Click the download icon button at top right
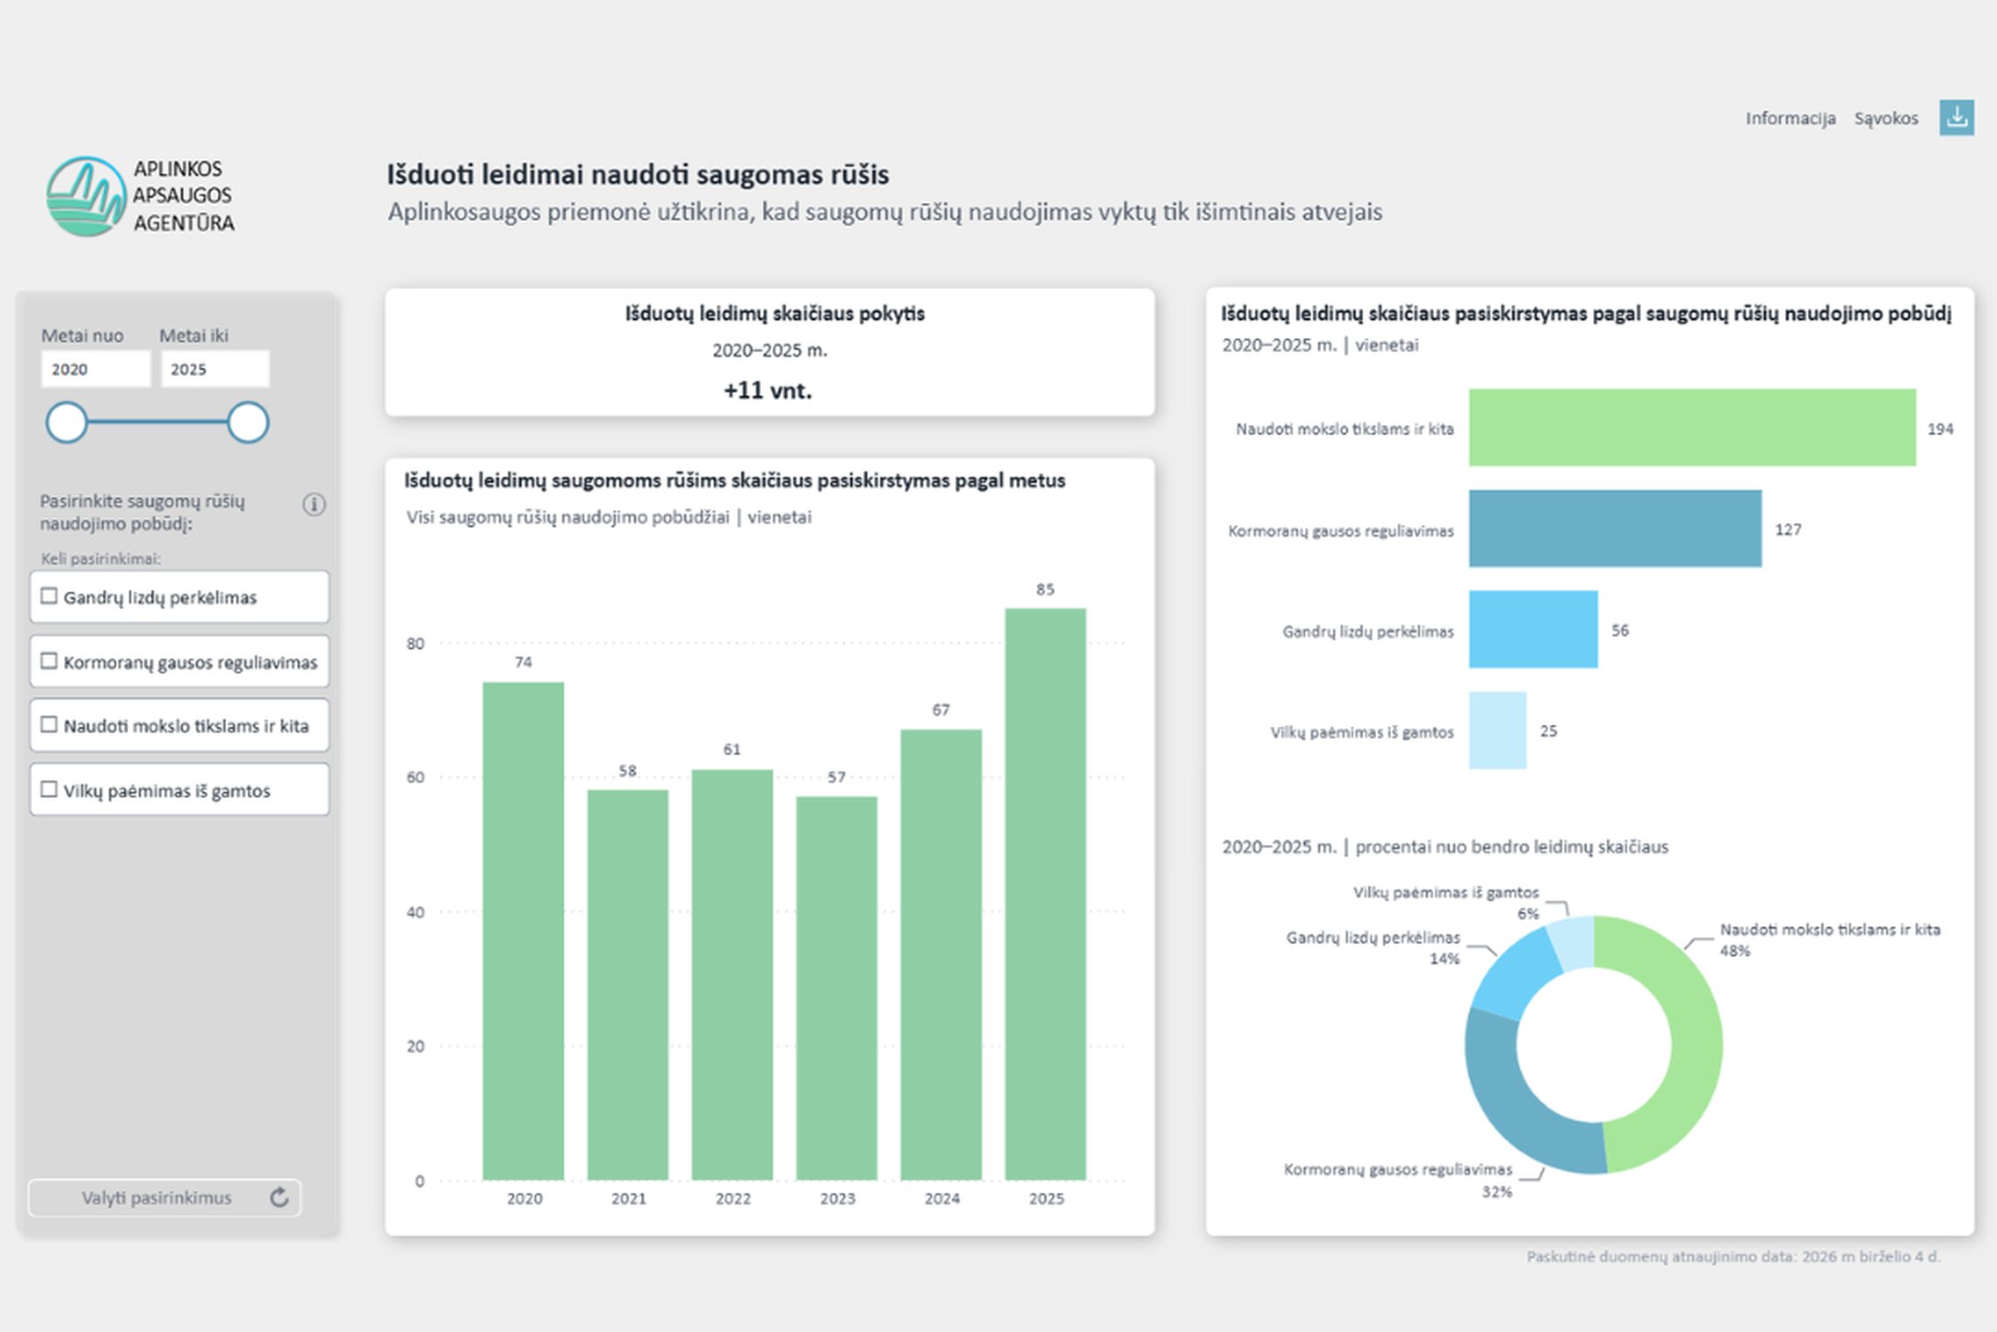tap(1956, 117)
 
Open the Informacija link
tap(1790, 118)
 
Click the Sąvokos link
tap(1886, 118)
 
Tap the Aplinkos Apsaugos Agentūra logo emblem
tap(86, 196)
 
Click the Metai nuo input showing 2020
tap(95, 369)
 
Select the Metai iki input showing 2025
tap(215, 369)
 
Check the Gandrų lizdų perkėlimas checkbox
tap(49, 596)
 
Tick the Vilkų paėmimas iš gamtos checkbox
tap(49, 789)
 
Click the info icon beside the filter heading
tap(314, 504)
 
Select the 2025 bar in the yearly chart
tap(1045, 894)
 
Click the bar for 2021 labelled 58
tap(627, 985)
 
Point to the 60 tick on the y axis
tap(415, 777)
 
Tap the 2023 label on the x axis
tap(837, 1198)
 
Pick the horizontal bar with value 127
tap(1615, 528)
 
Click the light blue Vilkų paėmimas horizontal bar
tap(1498, 730)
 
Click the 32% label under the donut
tap(1497, 1192)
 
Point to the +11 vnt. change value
tap(768, 391)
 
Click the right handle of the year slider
tap(248, 422)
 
